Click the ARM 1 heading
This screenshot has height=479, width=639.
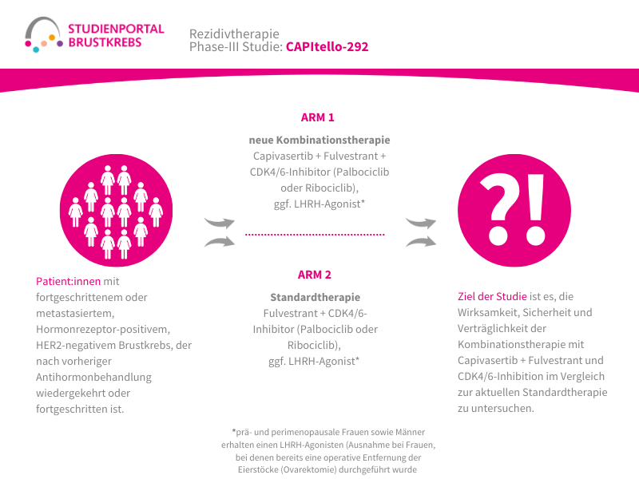(x=317, y=117)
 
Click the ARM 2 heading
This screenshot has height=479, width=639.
(x=314, y=275)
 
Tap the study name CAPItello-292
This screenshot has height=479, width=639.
(x=327, y=47)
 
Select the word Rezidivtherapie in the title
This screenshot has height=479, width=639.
(x=234, y=34)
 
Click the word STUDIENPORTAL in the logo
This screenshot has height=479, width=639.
(x=116, y=29)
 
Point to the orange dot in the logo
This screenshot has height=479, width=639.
(x=52, y=38)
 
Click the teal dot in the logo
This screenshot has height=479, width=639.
(x=36, y=49)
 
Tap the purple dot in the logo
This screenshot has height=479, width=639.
(x=60, y=44)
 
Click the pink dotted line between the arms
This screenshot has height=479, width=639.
(x=315, y=235)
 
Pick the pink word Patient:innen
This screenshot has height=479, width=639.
(x=68, y=282)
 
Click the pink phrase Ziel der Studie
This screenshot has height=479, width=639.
(x=492, y=296)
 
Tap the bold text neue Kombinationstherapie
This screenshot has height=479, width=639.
(x=319, y=141)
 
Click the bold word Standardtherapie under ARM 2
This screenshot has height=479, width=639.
(x=315, y=297)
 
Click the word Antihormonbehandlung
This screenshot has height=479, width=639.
(x=93, y=378)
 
